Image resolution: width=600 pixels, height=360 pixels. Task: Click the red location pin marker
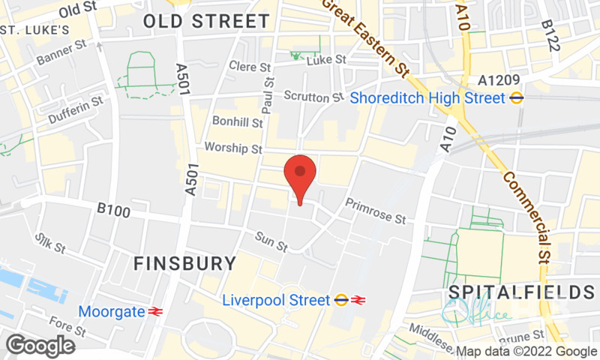[300, 174]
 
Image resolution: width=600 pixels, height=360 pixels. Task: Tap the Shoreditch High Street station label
[429, 97]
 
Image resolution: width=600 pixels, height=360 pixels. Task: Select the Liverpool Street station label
[277, 300]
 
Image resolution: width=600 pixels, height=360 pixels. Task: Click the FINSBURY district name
[184, 263]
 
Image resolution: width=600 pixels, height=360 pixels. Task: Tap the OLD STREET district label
[206, 21]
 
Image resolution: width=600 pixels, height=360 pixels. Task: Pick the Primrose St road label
[375, 211]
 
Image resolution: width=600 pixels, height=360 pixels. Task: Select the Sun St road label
[271, 240]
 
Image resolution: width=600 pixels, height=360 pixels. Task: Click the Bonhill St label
[238, 121]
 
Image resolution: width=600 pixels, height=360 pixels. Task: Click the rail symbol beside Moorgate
[156, 311]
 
